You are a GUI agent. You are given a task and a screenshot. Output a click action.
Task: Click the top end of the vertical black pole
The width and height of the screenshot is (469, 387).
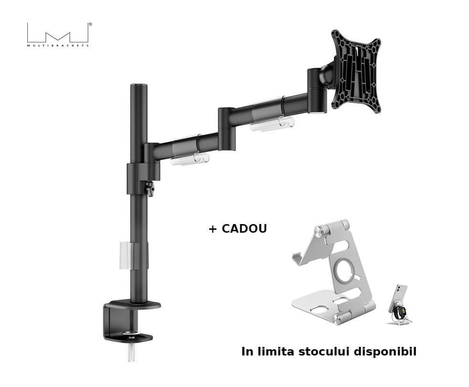(x=139, y=85)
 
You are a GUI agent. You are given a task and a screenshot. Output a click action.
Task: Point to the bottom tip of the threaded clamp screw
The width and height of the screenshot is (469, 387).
(x=131, y=360)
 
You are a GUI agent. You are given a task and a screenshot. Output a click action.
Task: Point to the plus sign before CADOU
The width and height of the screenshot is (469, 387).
(x=213, y=229)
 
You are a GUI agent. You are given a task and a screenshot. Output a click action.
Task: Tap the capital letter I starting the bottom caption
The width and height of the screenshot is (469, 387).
(x=243, y=351)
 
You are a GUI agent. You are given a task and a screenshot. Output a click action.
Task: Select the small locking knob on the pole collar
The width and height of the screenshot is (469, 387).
(x=150, y=189)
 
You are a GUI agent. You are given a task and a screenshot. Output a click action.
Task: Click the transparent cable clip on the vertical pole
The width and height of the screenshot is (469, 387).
(x=129, y=256)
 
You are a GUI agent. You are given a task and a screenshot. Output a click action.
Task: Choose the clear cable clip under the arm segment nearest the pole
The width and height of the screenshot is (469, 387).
(x=190, y=158)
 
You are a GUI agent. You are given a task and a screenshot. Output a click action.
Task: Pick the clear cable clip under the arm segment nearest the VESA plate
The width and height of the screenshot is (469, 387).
(x=272, y=123)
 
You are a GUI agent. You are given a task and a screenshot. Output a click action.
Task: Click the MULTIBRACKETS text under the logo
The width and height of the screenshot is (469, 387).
(x=58, y=45)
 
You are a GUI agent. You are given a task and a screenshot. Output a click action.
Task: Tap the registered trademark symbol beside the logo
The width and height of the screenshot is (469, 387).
(x=90, y=24)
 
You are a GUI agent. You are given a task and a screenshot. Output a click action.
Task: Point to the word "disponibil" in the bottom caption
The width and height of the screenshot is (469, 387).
(x=385, y=352)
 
